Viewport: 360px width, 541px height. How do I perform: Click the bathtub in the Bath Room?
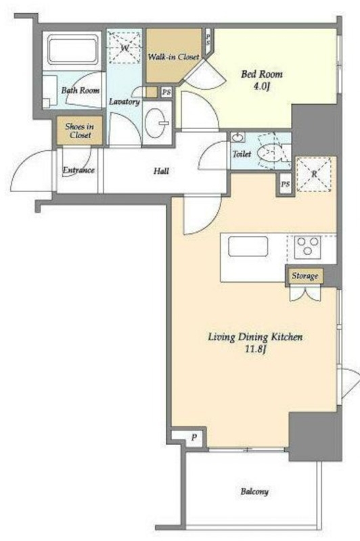pyautogui.click(x=73, y=49)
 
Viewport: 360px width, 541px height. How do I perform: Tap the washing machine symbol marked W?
pyautogui.click(x=124, y=47)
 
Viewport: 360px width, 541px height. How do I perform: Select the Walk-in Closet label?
pyautogui.click(x=173, y=57)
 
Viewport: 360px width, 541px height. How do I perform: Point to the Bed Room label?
pyautogui.click(x=261, y=74)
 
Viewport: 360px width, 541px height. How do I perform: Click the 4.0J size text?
pyautogui.click(x=261, y=87)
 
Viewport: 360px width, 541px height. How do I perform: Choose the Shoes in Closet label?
pyautogui.click(x=80, y=131)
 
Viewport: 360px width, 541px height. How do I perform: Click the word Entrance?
pyautogui.click(x=78, y=170)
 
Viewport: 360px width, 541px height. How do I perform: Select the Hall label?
pyautogui.click(x=161, y=171)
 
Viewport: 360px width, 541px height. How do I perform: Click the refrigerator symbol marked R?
pyautogui.click(x=314, y=174)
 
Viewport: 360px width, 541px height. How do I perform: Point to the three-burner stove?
pyautogui.click(x=307, y=248)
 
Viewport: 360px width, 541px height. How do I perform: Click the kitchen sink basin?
pyautogui.click(x=248, y=246)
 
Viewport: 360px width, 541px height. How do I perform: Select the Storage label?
pyautogui.click(x=305, y=276)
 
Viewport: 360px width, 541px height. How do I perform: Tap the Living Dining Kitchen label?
pyautogui.click(x=255, y=337)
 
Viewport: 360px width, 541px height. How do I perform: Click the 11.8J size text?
pyautogui.click(x=255, y=350)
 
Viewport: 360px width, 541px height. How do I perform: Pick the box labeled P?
pyautogui.click(x=189, y=437)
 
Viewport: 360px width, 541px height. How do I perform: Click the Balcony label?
pyautogui.click(x=254, y=492)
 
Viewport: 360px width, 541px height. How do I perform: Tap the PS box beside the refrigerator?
pyautogui.click(x=285, y=184)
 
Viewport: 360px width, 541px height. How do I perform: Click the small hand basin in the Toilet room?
pyautogui.click(x=238, y=137)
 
